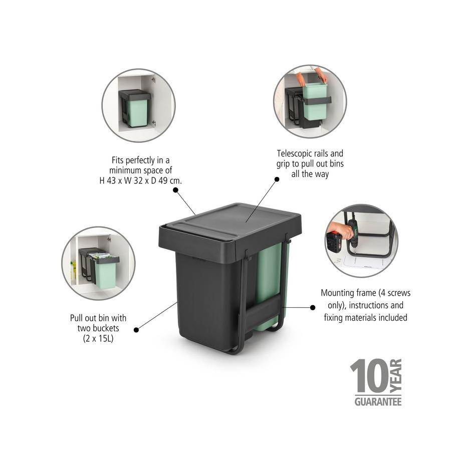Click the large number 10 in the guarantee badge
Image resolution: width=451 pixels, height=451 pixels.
pyautogui.click(x=369, y=376)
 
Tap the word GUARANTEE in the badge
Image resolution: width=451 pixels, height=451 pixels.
pyautogui.click(x=378, y=401)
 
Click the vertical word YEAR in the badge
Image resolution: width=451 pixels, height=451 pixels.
pyautogui.click(x=396, y=376)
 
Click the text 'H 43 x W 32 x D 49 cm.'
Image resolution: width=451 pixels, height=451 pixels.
pyautogui.click(x=140, y=180)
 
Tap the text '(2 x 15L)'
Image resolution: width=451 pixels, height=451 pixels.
pyautogui.click(x=98, y=338)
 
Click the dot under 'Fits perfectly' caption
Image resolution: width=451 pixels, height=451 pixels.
pyautogui.click(x=175, y=190)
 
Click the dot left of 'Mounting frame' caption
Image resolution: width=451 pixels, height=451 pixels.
pyautogui.click(x=313, y=307)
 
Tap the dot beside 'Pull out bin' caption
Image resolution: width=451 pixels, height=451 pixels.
pyautogui.click(x=136, y=329)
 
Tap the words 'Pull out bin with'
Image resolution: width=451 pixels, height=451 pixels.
pyautogui.click(x=98, y=318)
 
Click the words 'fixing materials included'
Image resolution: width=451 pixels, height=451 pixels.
pyautogui.click(x=365, y=317)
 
